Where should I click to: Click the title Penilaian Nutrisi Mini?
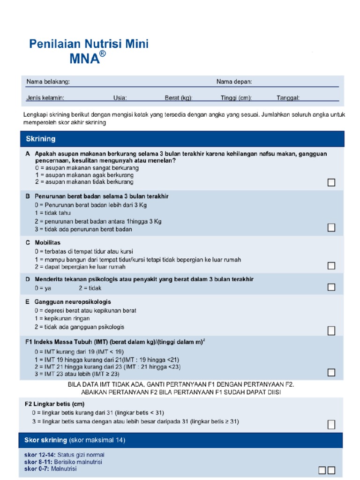pyautogui.click(x=89, y=45)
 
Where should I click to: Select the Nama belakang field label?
pyautogui.click(x=48, y=82)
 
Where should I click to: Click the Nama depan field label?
pyautogui.click(x=234, y=82)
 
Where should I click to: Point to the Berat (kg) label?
pyautogui.click(x=179, y=98)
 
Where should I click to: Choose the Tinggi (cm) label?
pyautogui.click(x=236, y=98)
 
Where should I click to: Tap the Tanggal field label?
pyautogui.click(x=288, y=98)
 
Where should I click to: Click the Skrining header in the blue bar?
pyautogui.click(x=41, y=139)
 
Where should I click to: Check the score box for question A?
pyautogui.click(x=331, y=182)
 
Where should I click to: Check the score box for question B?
pyautogui.click(x=331, y=227)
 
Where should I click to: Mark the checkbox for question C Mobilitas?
pyautogui.click(x=331, y=266)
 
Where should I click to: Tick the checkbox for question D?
pyautogui.click(x=331, y=287)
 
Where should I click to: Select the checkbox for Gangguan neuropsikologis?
pyautogui.click(x=331, y=330)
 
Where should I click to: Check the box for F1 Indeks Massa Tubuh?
pyautogui.click(x=331, y=373)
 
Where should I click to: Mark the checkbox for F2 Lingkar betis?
pyautogui.click(x=331, y=425)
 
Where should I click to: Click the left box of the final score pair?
pyautogui.click(x=322, y=470)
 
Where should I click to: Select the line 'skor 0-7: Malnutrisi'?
pyautogui.click(x=50, y=469)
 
